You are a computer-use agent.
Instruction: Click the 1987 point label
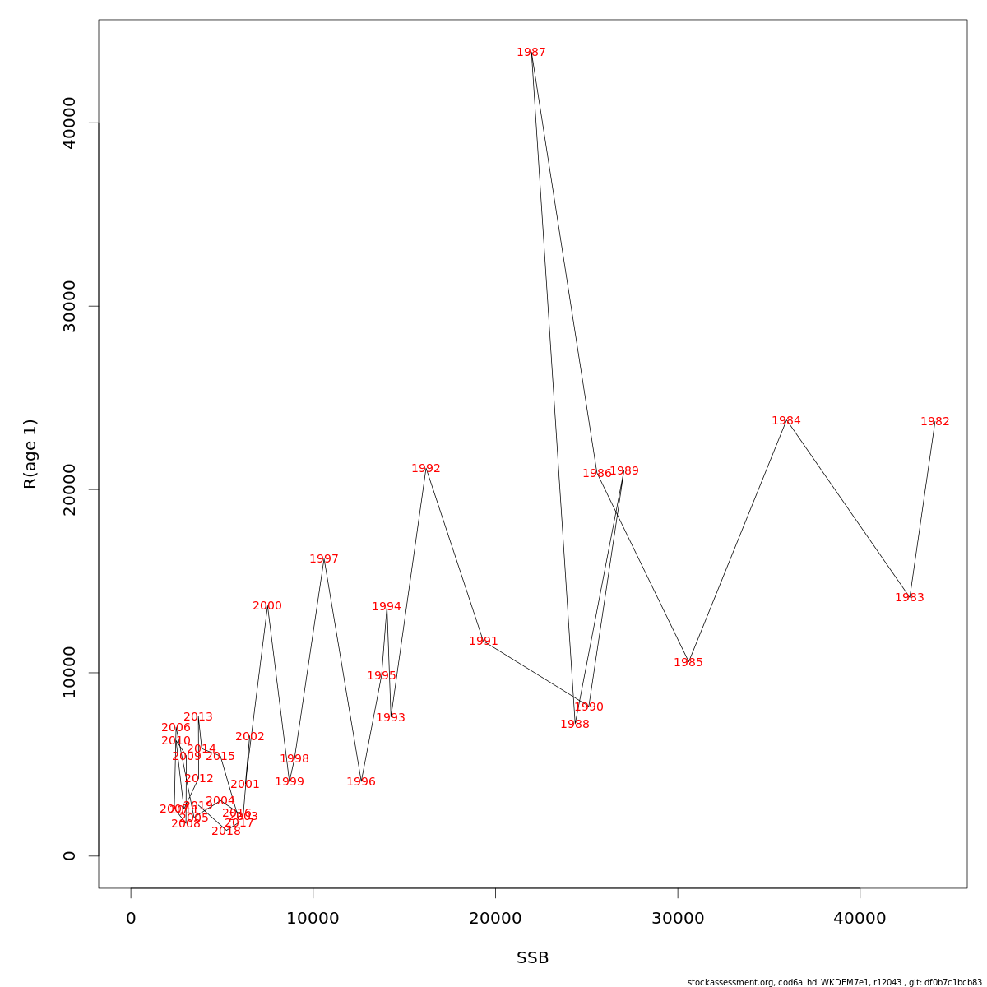click(531, 53)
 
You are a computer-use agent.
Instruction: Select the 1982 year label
click(934, 422)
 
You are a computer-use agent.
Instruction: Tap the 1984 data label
click(786, 421)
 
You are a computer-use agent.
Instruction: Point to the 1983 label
click(909, 598)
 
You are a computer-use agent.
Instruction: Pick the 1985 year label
click(688, 663)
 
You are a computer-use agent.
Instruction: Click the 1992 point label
click(426, 469)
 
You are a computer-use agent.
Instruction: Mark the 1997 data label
click(324, 559)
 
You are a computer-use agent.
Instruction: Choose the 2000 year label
click(267, 606)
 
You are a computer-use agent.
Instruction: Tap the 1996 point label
click(361, 782)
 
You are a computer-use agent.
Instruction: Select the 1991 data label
click(484, 642)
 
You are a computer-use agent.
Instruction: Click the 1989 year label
click(624, 471)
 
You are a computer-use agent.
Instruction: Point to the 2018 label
click(226, 832)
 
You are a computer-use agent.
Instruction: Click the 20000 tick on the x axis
click(495, 919)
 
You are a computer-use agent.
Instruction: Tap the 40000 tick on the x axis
click(860, 919)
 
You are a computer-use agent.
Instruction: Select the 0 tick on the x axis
click(131, 919)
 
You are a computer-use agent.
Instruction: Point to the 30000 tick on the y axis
click(69, 306)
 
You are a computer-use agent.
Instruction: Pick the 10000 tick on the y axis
click(69, 673)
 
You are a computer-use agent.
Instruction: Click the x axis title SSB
click(532, 958)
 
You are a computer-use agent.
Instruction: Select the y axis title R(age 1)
click(30, 453)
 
